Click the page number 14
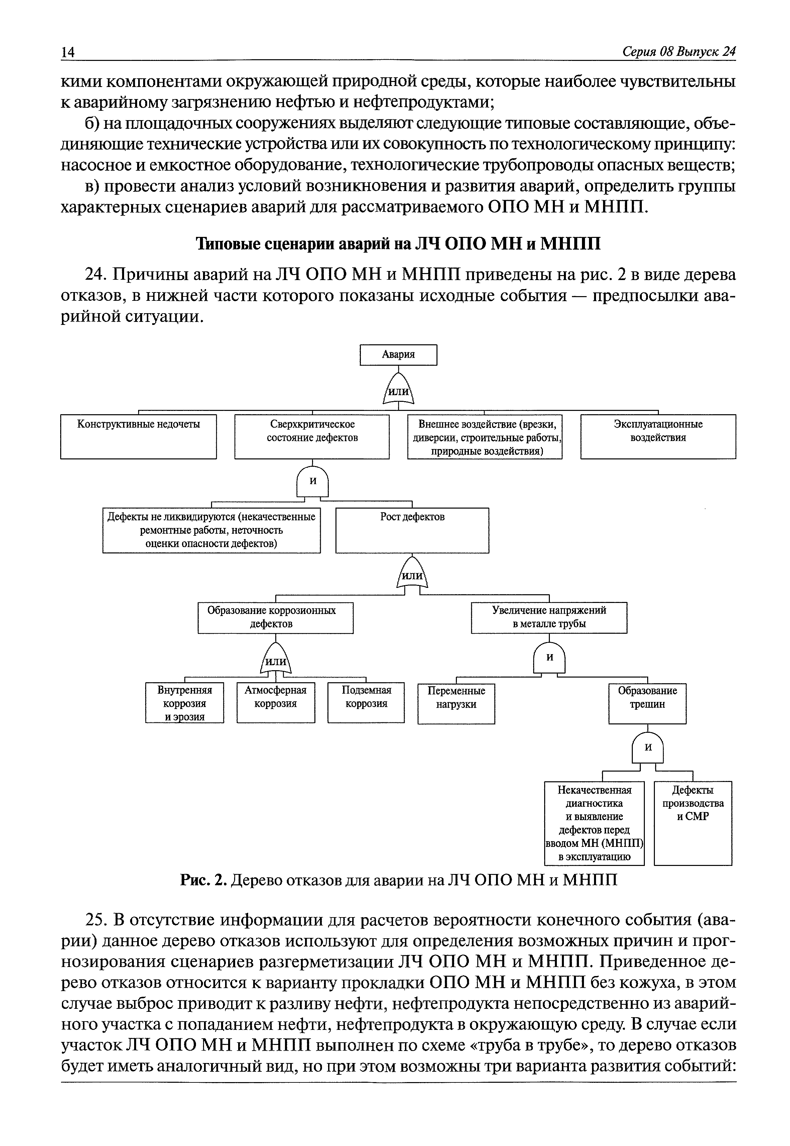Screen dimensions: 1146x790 [68, 52]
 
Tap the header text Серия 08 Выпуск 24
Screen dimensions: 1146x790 [679, 52]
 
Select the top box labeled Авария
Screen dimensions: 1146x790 [398, 355]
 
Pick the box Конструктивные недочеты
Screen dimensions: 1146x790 [138, 436]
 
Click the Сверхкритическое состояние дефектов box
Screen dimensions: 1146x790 [312, 436]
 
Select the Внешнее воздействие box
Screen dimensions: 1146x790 [485, 436]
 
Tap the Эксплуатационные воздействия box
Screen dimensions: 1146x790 [658, 436]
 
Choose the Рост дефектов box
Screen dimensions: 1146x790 [412, 530]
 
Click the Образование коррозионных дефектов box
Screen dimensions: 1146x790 [276, 618]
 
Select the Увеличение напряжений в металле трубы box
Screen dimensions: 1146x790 [549, 618]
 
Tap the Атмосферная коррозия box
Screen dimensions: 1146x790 [276, 703]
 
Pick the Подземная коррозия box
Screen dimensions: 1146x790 [366, 703]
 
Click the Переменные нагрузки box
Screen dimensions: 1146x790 [457, 704]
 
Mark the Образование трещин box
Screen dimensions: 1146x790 [648, 704]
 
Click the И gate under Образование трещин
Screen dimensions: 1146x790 [648, 748]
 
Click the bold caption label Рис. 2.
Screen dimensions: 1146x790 [203, 880]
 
